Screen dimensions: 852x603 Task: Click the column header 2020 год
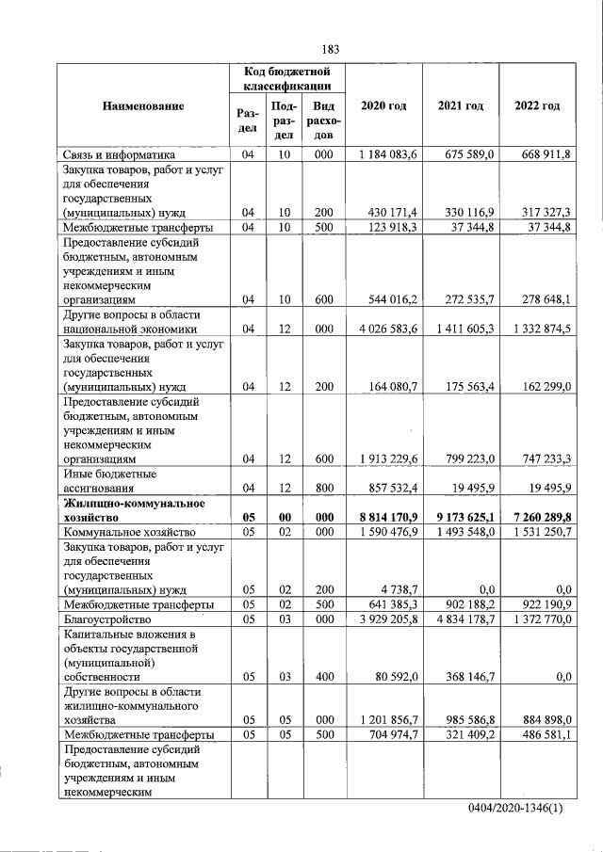pos(383,105)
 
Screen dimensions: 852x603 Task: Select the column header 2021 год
pos(461,105)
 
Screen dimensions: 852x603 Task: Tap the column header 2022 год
pos(537,105)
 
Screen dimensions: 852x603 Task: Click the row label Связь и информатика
pos(119,155)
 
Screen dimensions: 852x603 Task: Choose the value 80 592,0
pos(395,676)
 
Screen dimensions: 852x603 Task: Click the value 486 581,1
pos(541,735)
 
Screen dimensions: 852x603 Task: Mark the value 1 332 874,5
pos(538,330)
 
